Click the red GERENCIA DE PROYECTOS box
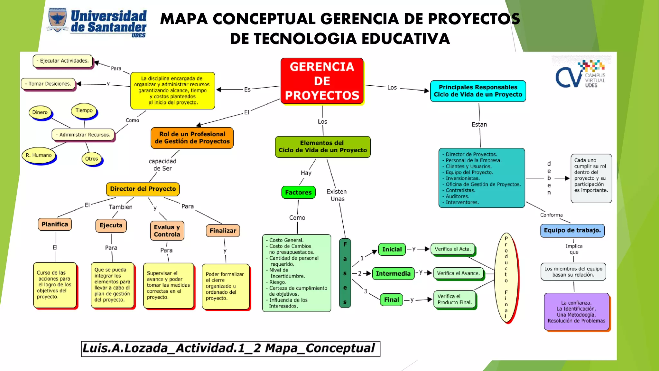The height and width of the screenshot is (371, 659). [322, 81]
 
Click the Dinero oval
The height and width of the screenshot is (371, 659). [40, 112]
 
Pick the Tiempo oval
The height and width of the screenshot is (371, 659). [84, 110]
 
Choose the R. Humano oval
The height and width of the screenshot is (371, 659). [39, 155]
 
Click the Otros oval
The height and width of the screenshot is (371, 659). [92, 159]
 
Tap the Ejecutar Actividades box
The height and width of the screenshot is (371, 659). [63, 61]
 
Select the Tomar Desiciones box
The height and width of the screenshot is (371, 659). [48, 84]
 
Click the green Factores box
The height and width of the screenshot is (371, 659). [298, 193]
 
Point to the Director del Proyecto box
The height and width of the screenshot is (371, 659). [143, 189]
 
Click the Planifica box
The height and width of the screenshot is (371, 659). [55, 224]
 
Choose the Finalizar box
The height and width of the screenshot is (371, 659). [223, 231]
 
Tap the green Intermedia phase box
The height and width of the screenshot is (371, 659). [393, 273]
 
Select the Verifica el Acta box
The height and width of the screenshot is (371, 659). [452, 249]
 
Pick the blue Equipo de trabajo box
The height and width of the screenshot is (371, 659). [572, 231]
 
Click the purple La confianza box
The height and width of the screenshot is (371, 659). [576, 312]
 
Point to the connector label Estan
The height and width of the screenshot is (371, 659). [479, 125]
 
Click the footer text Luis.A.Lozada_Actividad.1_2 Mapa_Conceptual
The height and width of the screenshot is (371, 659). [230, 349]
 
